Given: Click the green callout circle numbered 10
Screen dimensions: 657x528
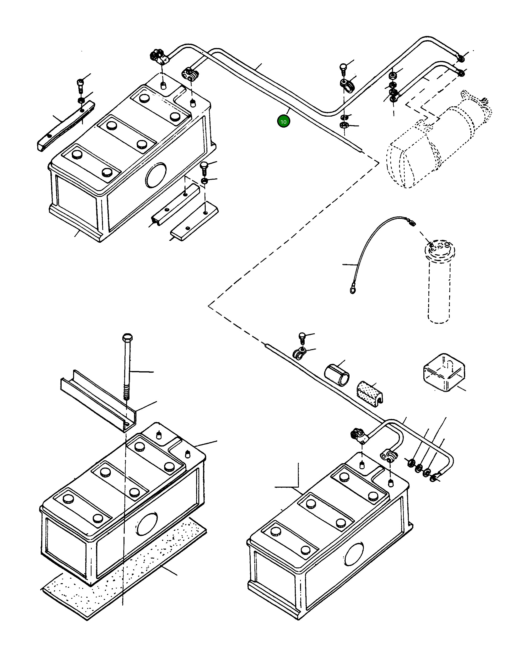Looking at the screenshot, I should (283, 122).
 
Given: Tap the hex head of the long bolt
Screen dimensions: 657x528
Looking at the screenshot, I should (127, 338).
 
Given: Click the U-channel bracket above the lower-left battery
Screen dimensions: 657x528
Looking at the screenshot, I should (97, 401).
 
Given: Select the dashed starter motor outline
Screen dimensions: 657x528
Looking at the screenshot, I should (439, 140).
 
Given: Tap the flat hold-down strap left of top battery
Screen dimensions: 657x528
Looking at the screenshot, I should (65, 126).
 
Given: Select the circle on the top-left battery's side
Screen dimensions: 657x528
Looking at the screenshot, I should (156, 175).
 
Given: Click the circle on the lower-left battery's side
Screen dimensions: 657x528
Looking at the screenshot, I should (147, 523).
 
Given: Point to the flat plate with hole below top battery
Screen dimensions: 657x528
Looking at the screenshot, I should (194, 222).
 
